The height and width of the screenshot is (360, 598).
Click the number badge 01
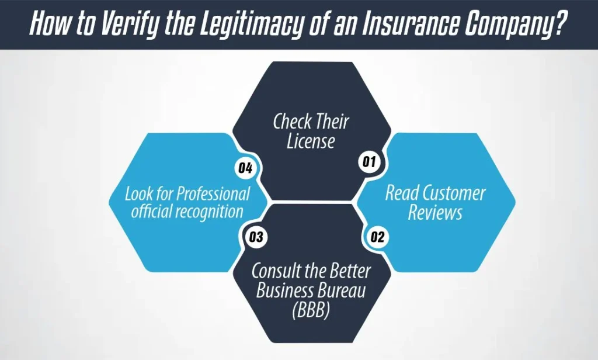click(x=368, y=162)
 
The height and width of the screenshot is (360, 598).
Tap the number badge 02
click(x=377, y=237)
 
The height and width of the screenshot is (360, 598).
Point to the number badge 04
click(x=245, y=168)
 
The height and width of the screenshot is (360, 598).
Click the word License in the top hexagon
click(x=311, y=141)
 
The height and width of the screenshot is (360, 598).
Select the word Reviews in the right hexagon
click(x=435, y=212)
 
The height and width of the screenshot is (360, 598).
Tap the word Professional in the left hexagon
click(x=213, y=193)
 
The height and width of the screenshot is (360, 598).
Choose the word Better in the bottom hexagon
click(x=350, y=271)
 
